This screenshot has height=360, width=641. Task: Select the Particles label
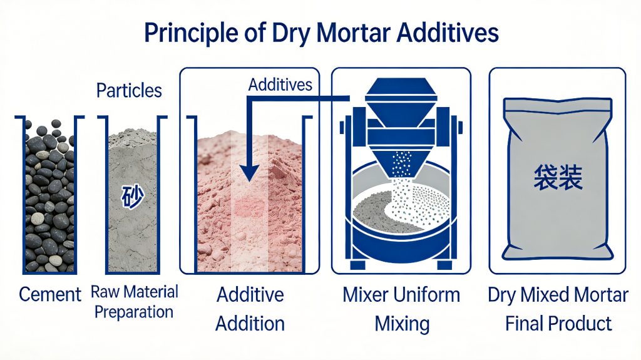coord(129,90)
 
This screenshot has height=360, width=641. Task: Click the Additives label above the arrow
coord(280,85)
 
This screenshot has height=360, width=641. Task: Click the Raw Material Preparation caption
coord(135,301)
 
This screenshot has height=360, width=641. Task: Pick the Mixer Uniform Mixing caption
coord(401,309)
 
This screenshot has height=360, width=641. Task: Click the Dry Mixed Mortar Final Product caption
coord(558,309)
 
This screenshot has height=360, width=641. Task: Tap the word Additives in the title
coord(449,33)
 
